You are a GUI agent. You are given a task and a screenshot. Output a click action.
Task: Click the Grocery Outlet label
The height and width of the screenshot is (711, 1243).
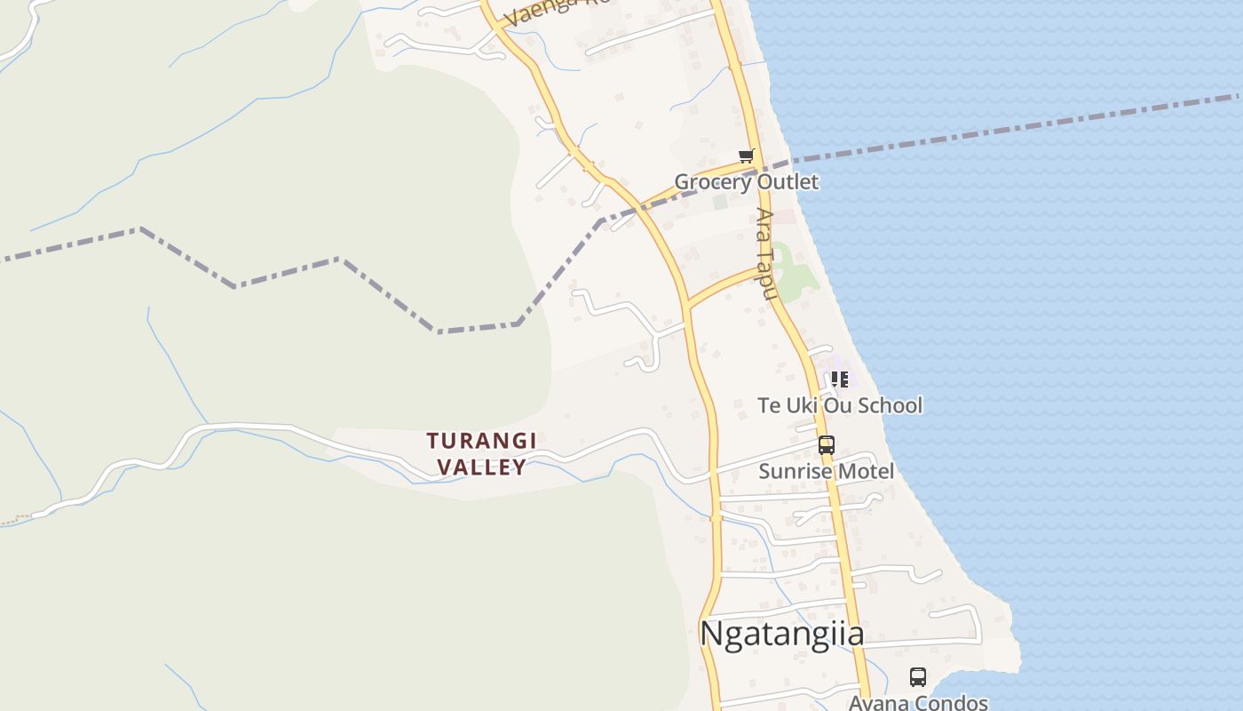[x=746, y=182]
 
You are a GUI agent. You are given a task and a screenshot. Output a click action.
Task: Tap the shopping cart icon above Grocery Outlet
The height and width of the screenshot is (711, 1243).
[x=746, y=156]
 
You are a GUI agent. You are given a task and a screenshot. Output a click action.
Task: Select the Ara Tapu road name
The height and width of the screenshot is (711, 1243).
[x=766, y=252]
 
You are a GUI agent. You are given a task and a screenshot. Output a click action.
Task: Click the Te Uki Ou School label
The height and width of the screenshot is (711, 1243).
[x=840, y=405]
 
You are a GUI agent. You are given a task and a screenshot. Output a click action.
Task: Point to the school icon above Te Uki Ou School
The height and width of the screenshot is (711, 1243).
[x=840, y=380]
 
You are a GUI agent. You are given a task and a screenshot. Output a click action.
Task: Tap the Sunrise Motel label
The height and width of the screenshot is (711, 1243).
[x=826, y=471]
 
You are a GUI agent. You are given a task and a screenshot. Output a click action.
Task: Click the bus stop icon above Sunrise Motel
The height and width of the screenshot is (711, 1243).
[x=826, y=445]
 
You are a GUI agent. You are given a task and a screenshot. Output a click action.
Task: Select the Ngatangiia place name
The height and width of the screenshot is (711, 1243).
[x=781, y=634]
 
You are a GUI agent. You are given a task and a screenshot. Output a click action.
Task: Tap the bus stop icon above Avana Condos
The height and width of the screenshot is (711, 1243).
[x=918, y=677]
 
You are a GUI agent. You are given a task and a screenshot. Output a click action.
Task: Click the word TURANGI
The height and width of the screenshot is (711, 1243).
[x=481, y=441]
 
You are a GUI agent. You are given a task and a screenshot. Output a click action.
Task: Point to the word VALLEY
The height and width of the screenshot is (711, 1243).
[x=481, y=467]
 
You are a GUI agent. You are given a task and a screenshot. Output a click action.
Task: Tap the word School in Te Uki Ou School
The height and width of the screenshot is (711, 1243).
[x=888, y=405]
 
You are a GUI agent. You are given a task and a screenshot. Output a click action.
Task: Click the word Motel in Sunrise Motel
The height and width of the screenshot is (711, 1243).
[x=863, y=471]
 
